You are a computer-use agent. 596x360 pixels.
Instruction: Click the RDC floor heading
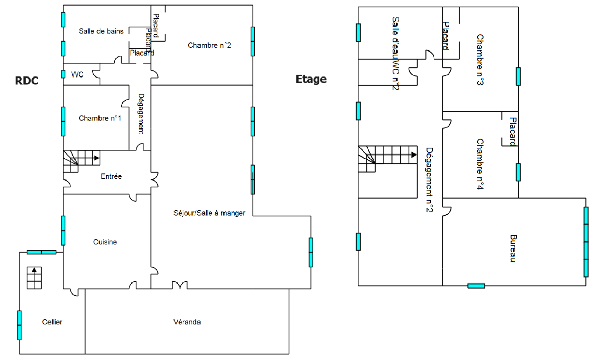point(27,81)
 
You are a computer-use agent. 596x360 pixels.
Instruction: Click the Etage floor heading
point(311,79)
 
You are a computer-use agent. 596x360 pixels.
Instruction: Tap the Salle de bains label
point(101,31)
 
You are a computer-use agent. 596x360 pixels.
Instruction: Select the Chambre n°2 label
point(209,45)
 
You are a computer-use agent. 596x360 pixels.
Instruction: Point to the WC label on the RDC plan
point(77,74)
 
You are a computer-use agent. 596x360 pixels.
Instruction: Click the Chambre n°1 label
point(100,118)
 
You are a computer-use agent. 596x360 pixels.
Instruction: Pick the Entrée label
point(111,176)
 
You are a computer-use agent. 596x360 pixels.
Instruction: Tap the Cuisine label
point(105,242)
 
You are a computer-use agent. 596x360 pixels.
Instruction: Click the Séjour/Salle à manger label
point(209,213)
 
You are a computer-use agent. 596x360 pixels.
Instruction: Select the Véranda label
point(187,322)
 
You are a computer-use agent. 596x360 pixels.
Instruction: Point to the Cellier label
point(52,322)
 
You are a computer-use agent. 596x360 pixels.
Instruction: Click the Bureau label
point(513,248)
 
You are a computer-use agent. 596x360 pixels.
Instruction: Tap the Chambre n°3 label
point(480,60)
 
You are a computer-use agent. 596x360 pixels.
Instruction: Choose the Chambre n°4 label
point(480,164)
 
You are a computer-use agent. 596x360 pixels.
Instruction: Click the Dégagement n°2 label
point(429,179)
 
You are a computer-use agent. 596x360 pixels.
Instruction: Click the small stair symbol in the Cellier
point(34,277)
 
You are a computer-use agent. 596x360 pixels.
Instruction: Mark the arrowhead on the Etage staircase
point(414,155)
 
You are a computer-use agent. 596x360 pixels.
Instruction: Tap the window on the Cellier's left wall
point(19,325)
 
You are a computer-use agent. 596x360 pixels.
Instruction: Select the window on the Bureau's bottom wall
point(476,286)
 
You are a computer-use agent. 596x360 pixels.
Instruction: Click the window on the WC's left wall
point(63,74)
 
